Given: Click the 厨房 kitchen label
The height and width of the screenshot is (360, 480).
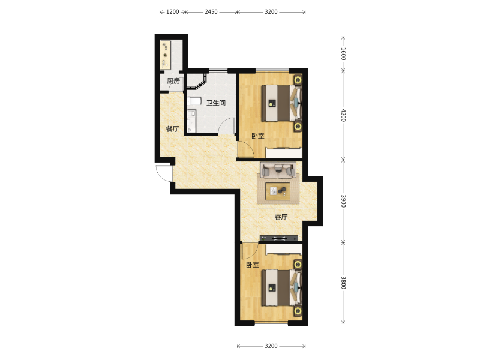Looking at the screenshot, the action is tap(173, 81).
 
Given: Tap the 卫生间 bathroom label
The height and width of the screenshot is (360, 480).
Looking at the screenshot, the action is tap(216, 103).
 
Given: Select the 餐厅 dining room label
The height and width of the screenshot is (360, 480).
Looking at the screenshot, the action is tap(172, 129).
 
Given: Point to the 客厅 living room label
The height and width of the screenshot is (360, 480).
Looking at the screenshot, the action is tap(281, 217).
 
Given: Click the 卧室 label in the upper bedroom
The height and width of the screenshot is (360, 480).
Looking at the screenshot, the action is tap(258, 136).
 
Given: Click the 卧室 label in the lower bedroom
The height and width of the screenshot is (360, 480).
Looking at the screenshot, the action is tap(253, 265).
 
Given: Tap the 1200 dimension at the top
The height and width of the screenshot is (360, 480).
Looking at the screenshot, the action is tap(172, 12).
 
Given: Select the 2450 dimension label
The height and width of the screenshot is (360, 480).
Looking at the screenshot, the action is tap(211, 12).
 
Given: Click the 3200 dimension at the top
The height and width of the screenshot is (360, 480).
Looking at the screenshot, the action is tap(271, 12).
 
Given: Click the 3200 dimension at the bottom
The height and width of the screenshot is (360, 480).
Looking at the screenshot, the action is tap(271, 346).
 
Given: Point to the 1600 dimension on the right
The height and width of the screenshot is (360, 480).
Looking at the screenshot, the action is tap(343, 54).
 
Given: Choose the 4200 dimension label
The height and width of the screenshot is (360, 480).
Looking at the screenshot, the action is tap(343, 115).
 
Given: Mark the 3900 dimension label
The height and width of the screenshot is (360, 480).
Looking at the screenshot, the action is tap(343, 201).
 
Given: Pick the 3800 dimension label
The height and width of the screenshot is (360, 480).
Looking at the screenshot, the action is tap(343, 283).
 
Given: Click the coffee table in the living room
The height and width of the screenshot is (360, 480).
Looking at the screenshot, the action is tap(278, 191).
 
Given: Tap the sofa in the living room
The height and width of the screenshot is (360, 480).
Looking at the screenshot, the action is tap(278, 170).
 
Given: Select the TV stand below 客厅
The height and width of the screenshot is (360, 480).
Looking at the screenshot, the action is tap(278, 238).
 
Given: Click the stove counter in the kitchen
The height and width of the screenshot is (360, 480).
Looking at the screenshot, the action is tap(165, 55).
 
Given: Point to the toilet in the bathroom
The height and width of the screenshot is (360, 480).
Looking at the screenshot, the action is tap(193, 101).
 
